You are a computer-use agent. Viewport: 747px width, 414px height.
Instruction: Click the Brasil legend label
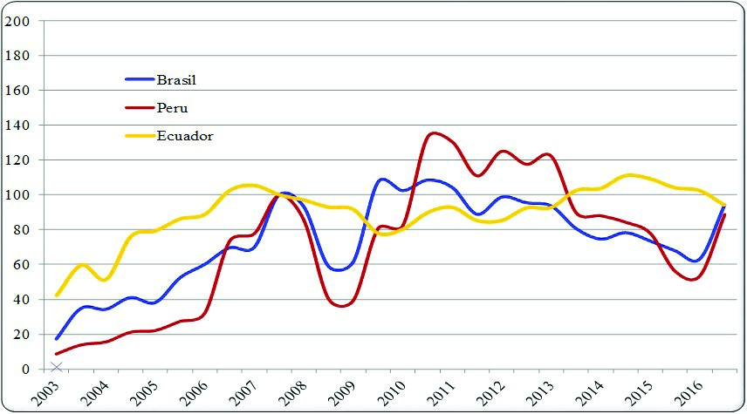(176, 80)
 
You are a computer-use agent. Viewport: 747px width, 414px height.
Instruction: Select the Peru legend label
(172, 108)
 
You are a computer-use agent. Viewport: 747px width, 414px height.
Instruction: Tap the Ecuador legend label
(185, 136)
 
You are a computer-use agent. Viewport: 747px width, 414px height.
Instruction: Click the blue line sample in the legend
(140, 80)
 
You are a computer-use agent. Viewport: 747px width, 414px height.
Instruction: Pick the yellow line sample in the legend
(140, 136)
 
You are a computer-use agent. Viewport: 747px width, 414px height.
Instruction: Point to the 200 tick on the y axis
(17, 21)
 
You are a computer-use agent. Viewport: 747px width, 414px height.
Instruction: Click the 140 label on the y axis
(17, 126)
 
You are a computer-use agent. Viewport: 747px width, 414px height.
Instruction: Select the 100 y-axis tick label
(17, 195)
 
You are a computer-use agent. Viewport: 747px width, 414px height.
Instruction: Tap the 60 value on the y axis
(21, 265)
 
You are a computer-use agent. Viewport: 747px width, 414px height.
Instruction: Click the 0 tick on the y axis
(24, 370)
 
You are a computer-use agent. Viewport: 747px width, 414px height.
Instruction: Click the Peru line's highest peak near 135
(436, 133)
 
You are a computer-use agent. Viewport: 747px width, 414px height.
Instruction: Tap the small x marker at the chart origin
(57, 367)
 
